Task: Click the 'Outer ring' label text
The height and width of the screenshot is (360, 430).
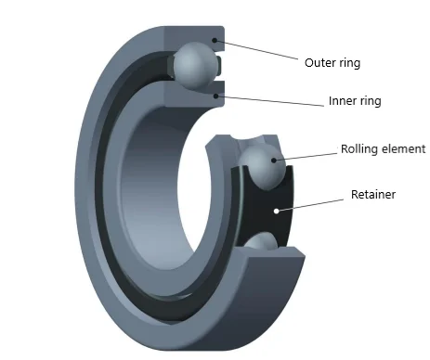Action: click(332, 63)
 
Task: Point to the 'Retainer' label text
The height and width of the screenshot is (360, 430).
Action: click(373, 195)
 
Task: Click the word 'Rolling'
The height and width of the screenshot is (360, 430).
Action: click(358, 148)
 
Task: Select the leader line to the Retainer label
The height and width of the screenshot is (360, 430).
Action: click(311, 203)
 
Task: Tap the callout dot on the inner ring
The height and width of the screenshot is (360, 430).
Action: click(215, 94)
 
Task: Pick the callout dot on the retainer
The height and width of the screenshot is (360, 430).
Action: click(276, 212)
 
